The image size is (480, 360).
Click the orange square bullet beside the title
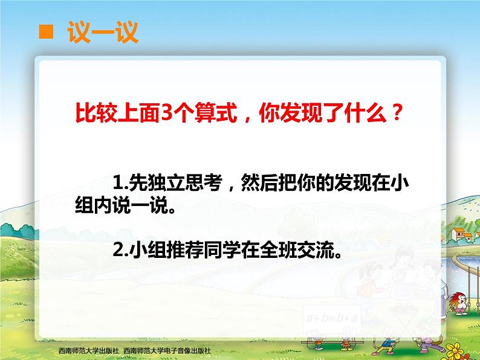point(46,32)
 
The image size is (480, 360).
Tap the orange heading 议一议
point(103,32)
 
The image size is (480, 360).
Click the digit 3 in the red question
point(166,112)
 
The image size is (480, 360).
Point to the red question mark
point(397,112)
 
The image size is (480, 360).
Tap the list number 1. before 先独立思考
point(120,182)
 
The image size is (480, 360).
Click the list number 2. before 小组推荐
point(120,250)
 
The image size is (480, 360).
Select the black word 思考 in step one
point(203,182)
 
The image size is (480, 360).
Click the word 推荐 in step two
point(184,250)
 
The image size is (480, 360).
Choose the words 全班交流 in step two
point(296,250)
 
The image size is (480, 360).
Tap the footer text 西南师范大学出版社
point(88,350)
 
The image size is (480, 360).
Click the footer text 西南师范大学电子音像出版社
point(167,350)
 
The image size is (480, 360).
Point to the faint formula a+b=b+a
point(332,318)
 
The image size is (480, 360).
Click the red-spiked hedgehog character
point(460,303)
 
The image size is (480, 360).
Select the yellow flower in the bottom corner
point(457,351)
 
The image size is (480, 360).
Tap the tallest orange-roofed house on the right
point(458,234)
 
